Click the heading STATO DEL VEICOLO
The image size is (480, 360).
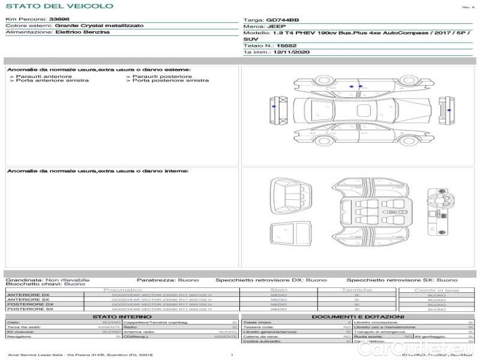coord(59,6)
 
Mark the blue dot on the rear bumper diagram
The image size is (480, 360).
coord(452,110)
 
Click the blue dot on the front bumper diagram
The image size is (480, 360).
coord(274,106)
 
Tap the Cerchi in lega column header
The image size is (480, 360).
coord(436,290)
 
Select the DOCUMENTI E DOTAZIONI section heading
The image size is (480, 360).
coord(358,316)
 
